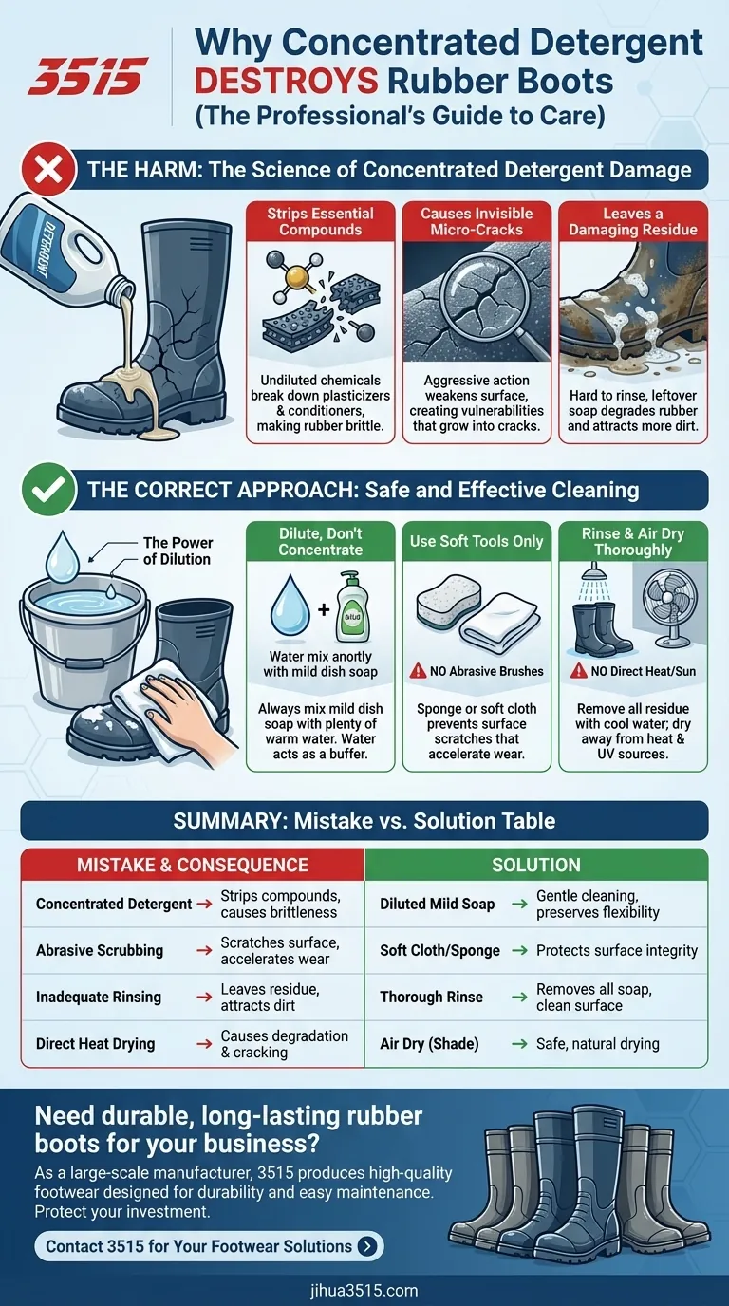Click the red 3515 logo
(x=87, y=76)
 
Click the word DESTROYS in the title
(x=287, y=81)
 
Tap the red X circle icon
(x=49, y=170)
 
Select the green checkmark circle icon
(x=49, y=490)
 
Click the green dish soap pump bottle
(x=353, y=606)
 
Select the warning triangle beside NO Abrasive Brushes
(x=418, y=671)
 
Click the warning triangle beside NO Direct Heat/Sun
(x=578, y=671)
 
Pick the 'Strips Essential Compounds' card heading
(x=320, y=221)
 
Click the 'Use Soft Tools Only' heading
(x=477, y=541)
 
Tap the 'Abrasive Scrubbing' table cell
(x=100, y=950)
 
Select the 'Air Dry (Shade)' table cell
(x=429, y=1044)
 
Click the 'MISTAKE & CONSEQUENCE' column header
(x=193, y=865)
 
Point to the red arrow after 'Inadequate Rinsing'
(x=204, y=997)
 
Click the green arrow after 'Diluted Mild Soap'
(x=519, y=904)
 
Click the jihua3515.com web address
(x=364, y=1290)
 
